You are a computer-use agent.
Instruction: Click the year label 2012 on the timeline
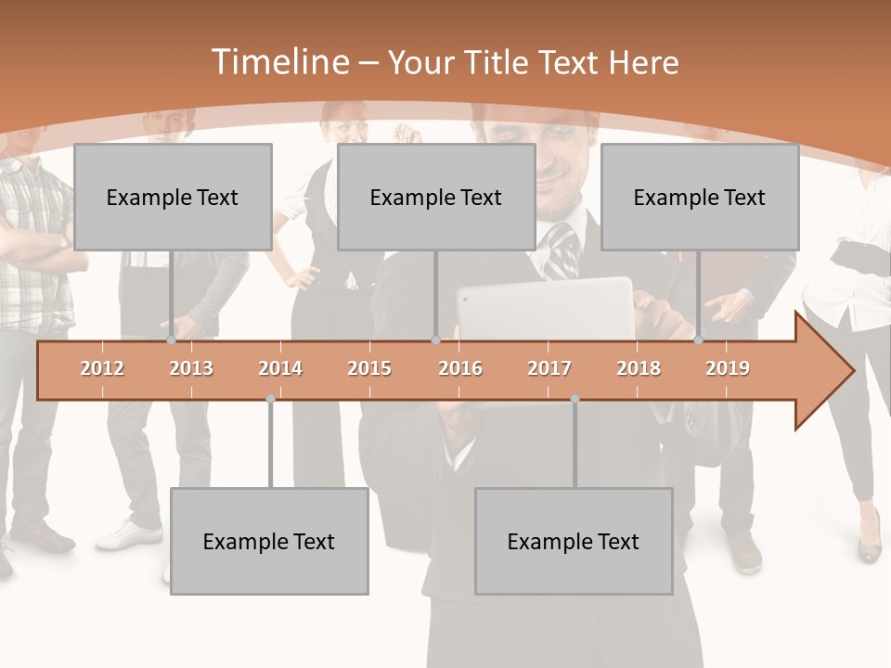(x=102, y=368)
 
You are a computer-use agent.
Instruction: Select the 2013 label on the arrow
(x=191, y=368)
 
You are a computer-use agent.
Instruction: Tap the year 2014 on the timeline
(x=280, y=368)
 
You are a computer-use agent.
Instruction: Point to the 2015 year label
(x=369, y=368)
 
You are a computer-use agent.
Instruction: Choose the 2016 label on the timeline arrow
(x=460, y=368)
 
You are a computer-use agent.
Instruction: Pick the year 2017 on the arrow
(x=549, y=368)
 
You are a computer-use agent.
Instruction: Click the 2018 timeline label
(x=639, y=368)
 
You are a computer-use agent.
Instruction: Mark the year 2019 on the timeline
(x=728, y=368)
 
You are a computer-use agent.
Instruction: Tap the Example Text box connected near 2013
(x=173, y=197)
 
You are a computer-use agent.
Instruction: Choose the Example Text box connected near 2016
(x=436, y=197)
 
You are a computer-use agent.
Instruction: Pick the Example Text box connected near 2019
(x=700, y=197)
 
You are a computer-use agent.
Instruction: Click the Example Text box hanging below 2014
(x=269, y=541)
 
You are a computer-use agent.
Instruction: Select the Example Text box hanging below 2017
(x=574, y=541)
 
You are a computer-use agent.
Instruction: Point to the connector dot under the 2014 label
(x=270, y=398)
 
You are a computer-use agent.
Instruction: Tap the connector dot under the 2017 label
(x=575, y=398)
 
